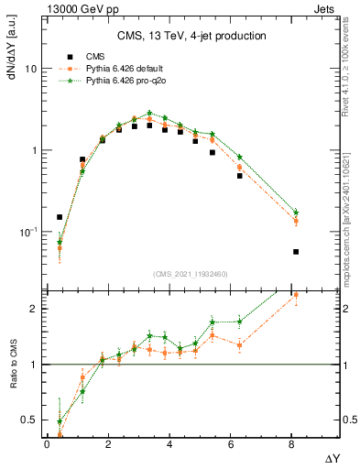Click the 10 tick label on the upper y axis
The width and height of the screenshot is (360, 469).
tap(31, 70)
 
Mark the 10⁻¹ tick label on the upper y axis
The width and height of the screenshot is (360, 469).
tap(29, 233)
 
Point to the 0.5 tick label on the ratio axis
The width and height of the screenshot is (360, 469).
tap(29, 421)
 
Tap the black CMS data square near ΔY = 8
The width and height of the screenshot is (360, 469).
tap(296, 251)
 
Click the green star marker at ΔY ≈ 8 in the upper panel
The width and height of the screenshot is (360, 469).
tap(296, 213)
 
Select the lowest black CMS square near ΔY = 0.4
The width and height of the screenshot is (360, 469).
tap(60, 217)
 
